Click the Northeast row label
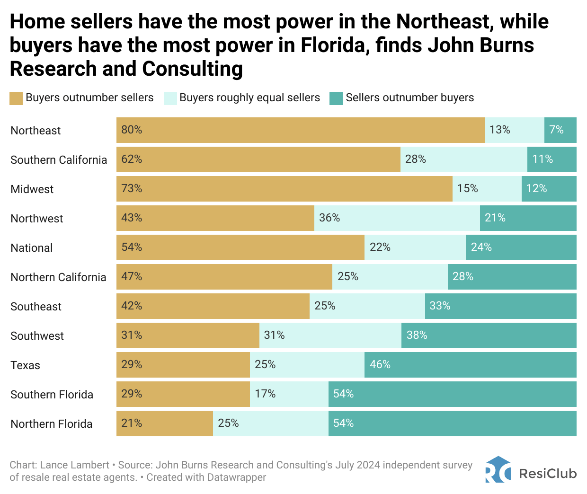36,131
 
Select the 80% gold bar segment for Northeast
300,130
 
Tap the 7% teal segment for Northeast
560,130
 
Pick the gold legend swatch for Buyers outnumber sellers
16,98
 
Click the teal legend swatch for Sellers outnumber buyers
336,98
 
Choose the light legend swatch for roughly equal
170,98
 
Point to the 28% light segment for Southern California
463,159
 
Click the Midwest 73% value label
132,189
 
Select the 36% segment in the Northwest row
397,218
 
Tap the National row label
32,248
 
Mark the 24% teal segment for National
521,247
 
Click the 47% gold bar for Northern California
224,277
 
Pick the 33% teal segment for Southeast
500,306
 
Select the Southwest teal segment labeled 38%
489,335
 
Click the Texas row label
26,365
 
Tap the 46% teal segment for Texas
470,365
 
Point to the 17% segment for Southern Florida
289,394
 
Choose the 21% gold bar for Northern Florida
164,423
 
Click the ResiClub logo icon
498,469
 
